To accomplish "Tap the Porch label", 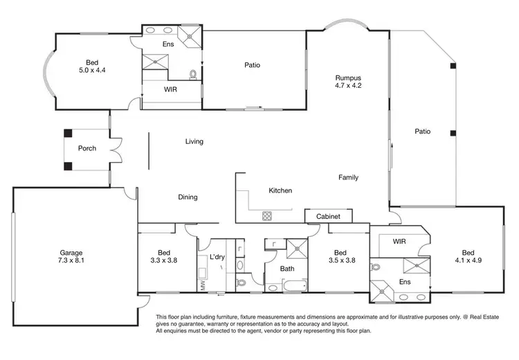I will [87, 149].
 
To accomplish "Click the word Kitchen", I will [280, 190].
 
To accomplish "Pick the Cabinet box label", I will [328, 217].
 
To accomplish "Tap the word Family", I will [348, 178].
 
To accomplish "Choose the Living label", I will [194, 142].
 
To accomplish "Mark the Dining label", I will [188, 197].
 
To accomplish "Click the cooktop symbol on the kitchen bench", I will [266, 216].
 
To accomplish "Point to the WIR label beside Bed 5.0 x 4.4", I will [172, 90].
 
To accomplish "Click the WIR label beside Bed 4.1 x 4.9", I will [399, 242].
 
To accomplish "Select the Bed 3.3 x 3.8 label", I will [163, 257].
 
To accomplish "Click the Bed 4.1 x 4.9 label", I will [468, 257].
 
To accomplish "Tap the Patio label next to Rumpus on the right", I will [422, 131].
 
